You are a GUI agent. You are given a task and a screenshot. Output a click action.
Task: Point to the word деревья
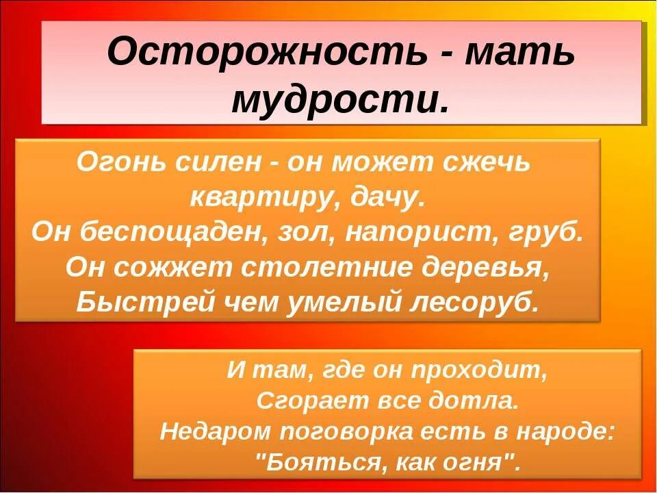pyautogui.click(x=483, y=267)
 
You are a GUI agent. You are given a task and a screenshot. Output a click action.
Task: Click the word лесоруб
pyautogui.click(x=472, y=302)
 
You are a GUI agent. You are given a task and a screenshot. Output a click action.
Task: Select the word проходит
pyautogui.click(x=479, y=371)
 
